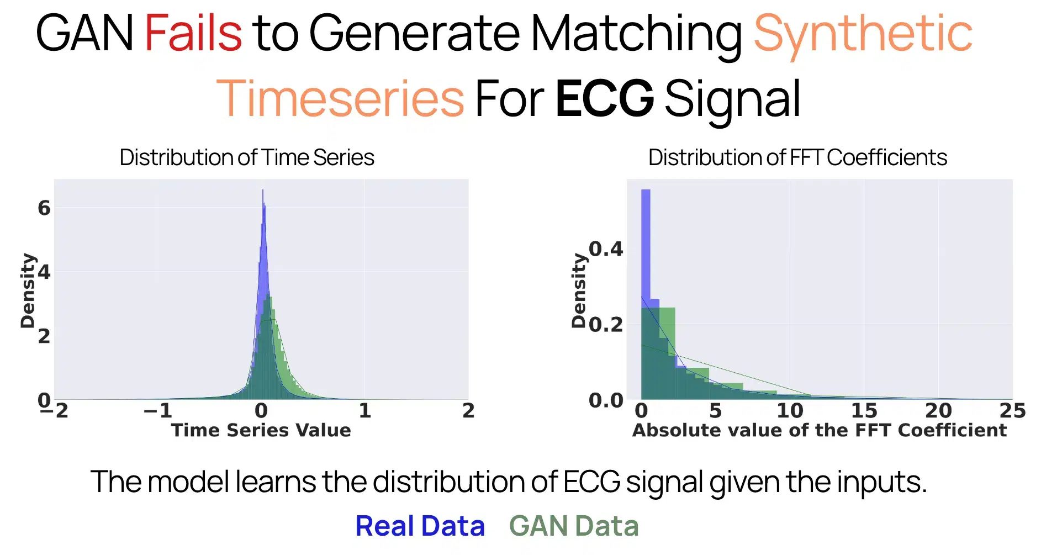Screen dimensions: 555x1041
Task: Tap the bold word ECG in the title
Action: pos(604,99)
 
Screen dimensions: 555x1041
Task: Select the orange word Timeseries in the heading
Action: pos(340,99)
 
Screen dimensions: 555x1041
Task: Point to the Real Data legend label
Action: pos(420,526)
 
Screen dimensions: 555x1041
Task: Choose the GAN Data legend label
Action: pos(574,526)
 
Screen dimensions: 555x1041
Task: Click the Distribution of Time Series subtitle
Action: pos(247,157)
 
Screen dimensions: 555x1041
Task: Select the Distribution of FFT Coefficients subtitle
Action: pos(797,157)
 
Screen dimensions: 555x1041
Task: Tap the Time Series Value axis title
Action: pos(261,430)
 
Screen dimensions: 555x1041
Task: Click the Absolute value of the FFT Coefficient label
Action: pos(819,430)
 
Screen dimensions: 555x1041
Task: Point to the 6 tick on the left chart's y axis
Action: pos(44,208)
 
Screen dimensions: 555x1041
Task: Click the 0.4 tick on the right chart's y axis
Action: pos(606,249)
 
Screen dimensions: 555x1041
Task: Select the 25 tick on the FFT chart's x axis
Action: pos(1012,411)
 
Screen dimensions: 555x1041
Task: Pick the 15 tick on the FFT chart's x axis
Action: pos(864,411)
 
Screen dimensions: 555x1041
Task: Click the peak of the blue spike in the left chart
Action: pos(263,191)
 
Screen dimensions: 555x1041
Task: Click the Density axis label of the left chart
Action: pos(27,290)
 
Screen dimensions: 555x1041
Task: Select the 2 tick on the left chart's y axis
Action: pos(44,336)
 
